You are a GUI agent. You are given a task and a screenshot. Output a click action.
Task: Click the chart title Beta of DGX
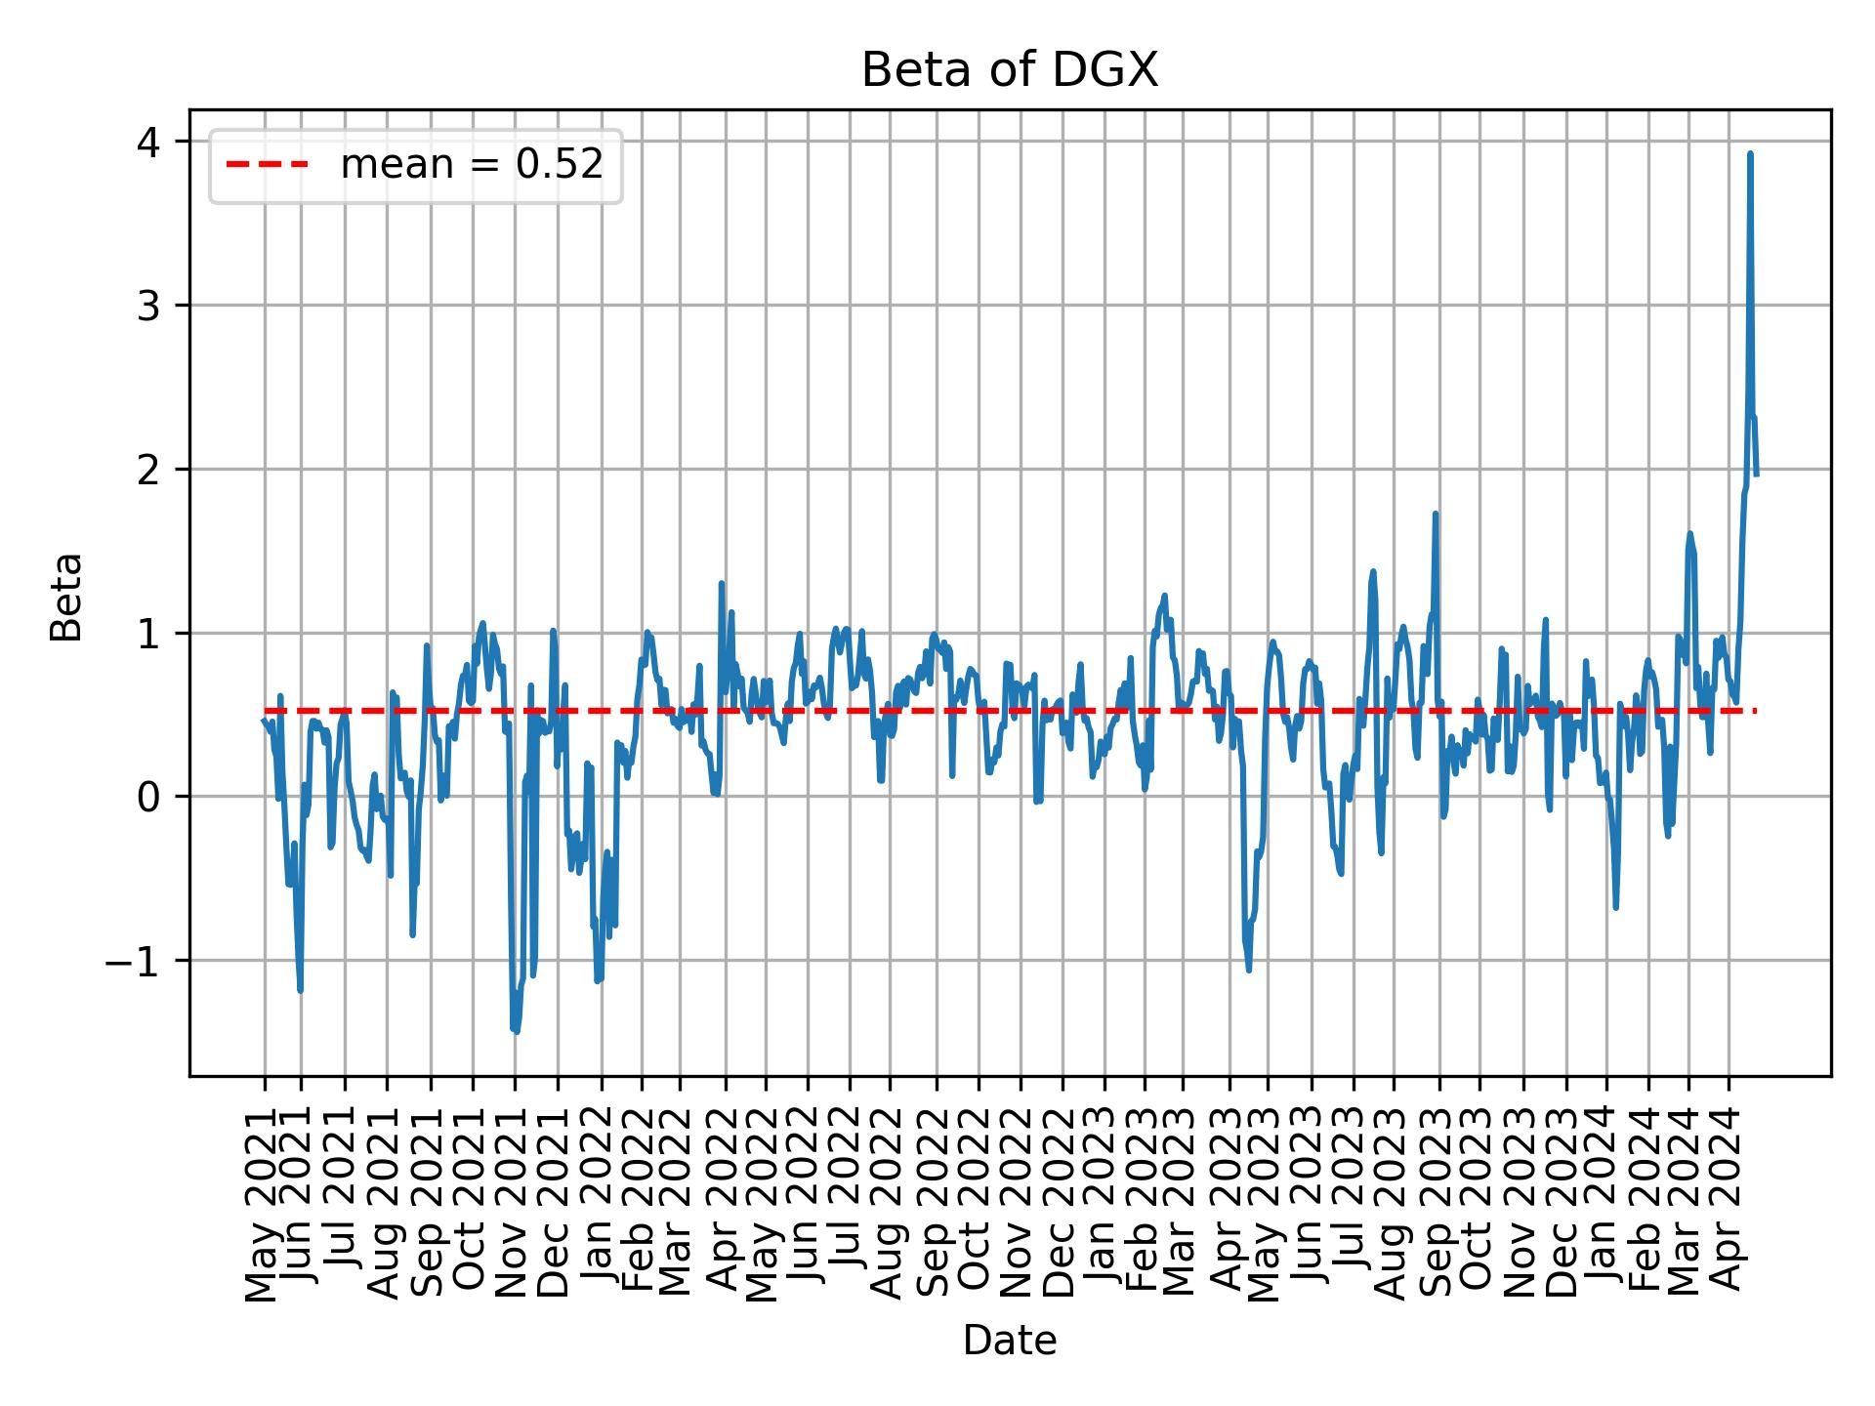tap(1009, 70)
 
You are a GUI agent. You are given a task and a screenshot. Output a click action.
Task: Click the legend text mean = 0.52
tap(472, 165)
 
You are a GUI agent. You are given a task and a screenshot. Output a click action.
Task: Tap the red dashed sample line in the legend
tap(268, 165)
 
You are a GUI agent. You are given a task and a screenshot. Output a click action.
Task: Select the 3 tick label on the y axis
tap(149, 306)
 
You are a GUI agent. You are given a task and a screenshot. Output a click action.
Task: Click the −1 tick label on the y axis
tap(136, 961)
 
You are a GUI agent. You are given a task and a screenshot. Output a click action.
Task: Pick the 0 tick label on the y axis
tap(149, 798)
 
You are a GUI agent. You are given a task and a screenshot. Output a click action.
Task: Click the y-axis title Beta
tap(66, 597)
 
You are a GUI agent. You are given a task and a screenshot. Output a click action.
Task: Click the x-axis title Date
tap(1009, 1341)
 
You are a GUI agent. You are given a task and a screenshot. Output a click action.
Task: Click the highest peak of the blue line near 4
tap(1750, 154)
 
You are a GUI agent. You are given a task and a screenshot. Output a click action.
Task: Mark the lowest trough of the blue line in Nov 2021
tap(516, 1031)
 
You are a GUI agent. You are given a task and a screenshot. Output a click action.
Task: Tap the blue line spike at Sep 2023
tap(1435, 514)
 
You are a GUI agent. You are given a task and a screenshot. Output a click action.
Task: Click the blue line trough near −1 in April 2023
tap(1249, 969)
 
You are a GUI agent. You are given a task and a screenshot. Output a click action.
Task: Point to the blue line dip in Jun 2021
tap(300, 990)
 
